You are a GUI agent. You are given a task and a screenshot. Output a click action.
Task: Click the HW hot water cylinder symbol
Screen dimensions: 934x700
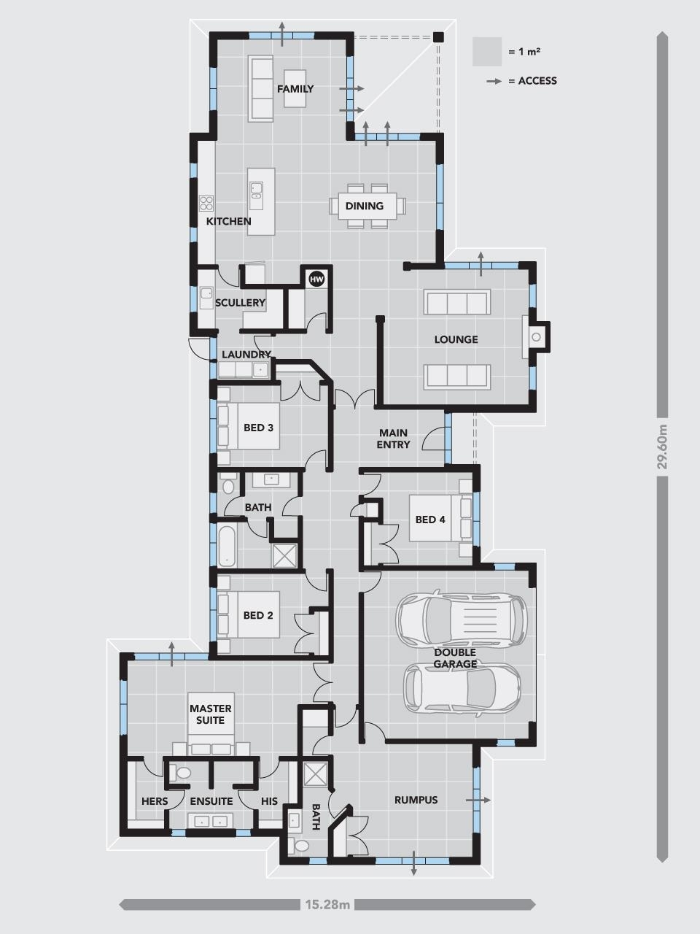316,279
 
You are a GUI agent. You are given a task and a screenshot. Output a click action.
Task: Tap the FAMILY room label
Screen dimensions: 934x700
295,89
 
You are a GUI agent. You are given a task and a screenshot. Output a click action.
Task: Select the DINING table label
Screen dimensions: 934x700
365,206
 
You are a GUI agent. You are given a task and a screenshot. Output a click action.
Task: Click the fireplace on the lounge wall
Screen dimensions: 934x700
536,336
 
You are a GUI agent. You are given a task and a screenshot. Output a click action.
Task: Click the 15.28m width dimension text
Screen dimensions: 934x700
327,905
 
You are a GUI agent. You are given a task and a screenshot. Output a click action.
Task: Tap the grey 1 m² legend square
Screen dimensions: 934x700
486,51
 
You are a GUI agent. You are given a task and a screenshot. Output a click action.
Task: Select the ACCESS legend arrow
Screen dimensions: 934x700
494,81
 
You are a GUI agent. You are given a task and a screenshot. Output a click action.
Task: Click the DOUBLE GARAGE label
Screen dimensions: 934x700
455,658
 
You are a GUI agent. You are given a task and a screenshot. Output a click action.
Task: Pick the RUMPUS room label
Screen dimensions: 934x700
416,800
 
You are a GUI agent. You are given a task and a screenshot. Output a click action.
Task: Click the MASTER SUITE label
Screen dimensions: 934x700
211,714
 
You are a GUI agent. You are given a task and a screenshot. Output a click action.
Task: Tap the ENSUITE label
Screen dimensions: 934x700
211,801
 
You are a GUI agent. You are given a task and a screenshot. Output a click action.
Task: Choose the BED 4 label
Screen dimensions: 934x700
430,520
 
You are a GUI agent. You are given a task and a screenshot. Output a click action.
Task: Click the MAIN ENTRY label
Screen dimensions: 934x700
393,439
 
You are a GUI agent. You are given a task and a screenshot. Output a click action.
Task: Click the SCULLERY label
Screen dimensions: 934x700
240,303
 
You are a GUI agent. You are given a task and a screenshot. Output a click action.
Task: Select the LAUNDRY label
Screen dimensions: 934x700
246,355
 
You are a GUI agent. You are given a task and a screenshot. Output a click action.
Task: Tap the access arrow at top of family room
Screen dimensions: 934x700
281,32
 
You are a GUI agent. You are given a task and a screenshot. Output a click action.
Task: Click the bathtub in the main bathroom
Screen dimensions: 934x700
227,546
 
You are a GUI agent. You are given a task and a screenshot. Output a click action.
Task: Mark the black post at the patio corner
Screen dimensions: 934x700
437,37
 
